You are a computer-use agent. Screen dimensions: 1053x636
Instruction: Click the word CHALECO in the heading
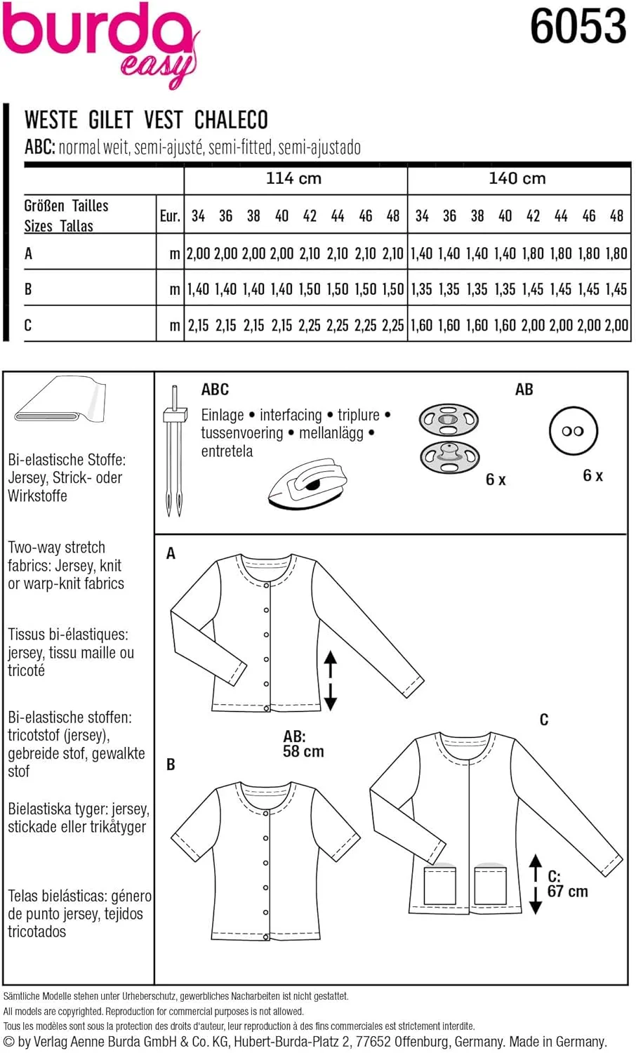(231, 120)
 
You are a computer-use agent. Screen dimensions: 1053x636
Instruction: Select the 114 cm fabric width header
(293, 178)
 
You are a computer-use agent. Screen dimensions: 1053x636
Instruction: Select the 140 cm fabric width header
(517, 178)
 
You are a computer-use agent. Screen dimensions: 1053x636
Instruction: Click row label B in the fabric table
(28, 289)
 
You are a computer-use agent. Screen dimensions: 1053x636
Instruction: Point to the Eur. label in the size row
(170, 216)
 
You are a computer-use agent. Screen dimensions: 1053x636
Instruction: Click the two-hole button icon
(573, 431)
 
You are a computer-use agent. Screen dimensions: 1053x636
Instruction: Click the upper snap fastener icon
(449, 421)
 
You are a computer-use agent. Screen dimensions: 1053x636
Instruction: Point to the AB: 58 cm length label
(303, 744)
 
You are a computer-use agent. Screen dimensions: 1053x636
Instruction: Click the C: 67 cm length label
(567, 885)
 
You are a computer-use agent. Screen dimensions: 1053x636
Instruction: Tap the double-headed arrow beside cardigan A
(330, 680)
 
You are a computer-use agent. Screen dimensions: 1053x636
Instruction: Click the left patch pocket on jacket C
(440, 887)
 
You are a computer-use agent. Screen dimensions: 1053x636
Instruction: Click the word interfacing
(290, 415)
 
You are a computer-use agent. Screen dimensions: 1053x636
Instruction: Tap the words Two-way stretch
(56, 548)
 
